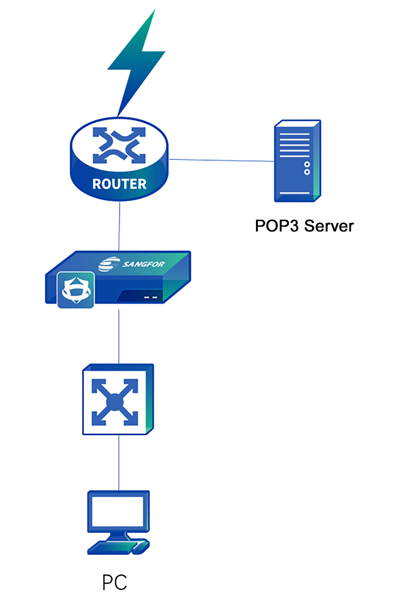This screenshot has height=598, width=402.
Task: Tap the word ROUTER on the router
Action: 119,184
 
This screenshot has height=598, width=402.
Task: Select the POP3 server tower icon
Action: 296,160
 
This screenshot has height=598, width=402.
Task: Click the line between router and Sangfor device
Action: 119,228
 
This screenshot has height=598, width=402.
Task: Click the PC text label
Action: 114,582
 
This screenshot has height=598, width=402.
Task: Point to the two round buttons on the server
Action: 307,168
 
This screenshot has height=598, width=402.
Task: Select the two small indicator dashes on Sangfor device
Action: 151,297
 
